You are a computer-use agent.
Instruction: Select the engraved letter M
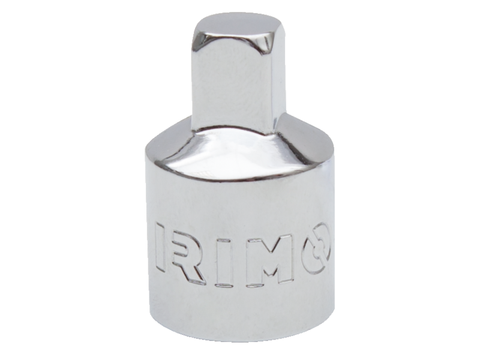tap(268, 260)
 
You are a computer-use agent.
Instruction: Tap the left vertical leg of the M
tap(253, 261)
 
